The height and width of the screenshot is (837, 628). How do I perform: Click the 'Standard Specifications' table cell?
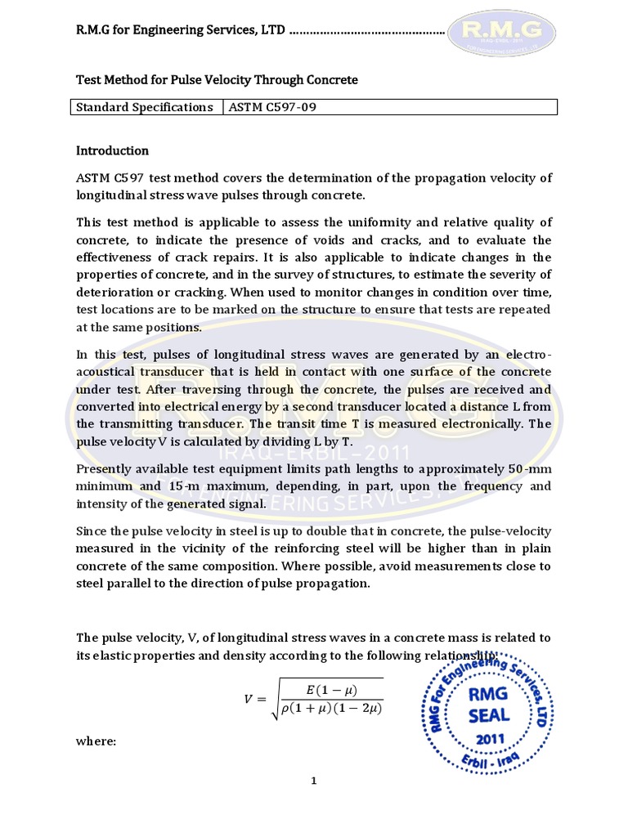point(145,108)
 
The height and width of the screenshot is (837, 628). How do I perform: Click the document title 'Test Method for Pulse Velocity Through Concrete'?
point(217,80)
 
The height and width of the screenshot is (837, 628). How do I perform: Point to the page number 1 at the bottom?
point(313,781)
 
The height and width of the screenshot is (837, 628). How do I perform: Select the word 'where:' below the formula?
point(96,741)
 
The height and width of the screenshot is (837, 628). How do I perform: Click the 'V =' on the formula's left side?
point(255,699)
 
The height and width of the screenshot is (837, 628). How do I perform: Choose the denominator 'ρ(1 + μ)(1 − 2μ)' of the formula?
point(331,708)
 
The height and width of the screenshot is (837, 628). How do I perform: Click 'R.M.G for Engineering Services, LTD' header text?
point(181,30)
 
